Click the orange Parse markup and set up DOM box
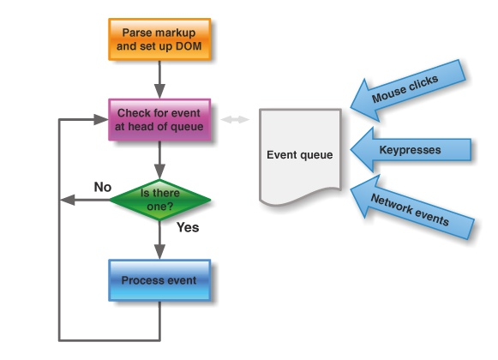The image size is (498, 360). (x=159, y=40)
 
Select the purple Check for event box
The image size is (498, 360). (x=159, y=120)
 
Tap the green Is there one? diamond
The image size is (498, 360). (x=160, y=200)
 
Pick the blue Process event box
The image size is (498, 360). (x=159, y=280)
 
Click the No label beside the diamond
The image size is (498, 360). (x=102, y=186)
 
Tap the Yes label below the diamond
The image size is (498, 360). (x=187, y=228)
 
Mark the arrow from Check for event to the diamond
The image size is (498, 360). (x=159, y=159)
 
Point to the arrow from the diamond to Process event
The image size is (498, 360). (x=159, y=241)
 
